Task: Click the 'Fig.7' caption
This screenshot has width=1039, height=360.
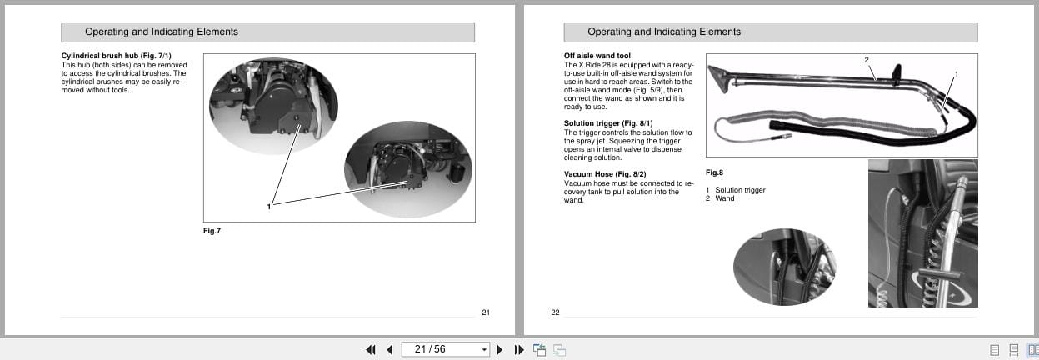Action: (212, 230)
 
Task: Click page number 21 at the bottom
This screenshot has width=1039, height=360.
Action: (486, 312)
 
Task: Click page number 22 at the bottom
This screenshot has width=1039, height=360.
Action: (555, 312)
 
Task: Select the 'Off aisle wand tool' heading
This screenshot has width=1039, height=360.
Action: (597, 56)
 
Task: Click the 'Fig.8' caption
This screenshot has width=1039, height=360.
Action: (714, 172)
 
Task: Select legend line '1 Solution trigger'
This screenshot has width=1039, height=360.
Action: (736, 190)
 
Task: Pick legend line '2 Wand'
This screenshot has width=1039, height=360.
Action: (720, 198)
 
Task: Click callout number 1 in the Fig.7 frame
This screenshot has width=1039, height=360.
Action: (268, 207)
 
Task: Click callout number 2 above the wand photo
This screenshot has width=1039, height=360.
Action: (867, 60)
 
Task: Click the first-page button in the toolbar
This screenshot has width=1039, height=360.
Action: (370, 349)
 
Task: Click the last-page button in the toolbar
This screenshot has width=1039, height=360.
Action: (518, 349)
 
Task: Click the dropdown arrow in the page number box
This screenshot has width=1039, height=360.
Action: (484, 349)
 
